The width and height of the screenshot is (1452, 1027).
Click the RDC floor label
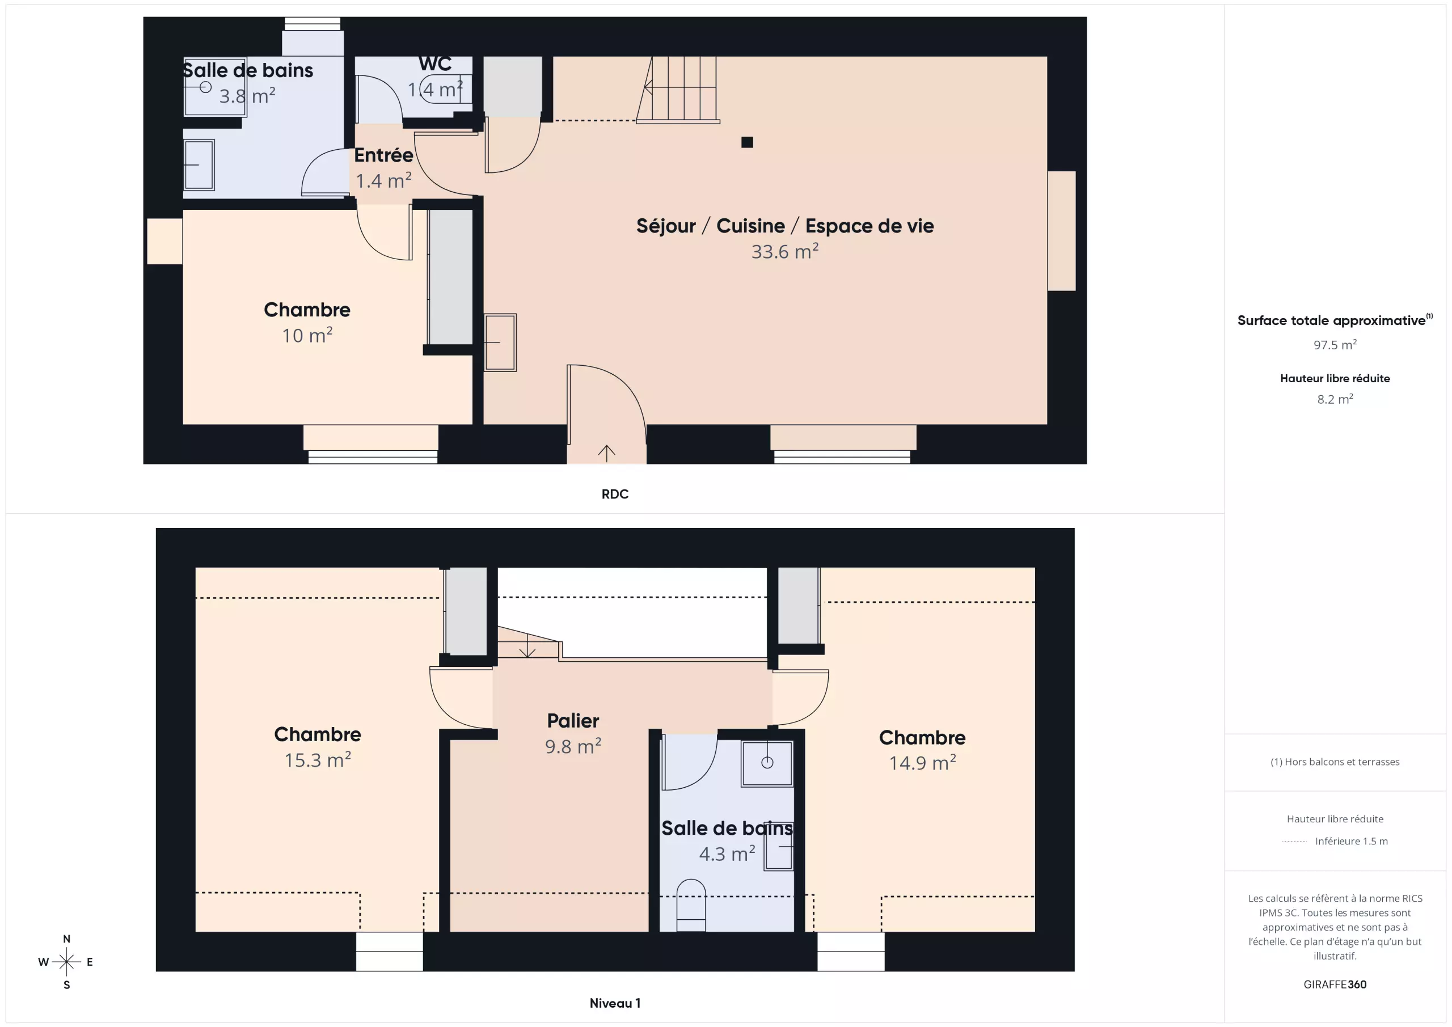(615, 494)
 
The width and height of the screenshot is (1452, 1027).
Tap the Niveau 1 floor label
(615, 1003)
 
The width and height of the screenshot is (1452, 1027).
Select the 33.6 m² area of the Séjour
(785, 252)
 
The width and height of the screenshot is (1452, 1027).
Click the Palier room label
(573, 721)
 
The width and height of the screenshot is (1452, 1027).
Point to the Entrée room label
(383, 155)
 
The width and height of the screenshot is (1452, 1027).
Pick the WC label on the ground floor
(435, 64)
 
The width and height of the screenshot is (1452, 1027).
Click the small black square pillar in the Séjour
(747, 142)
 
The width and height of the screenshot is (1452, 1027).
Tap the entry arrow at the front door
(606, 453)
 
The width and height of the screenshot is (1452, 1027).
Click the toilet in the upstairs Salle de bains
(691, 905)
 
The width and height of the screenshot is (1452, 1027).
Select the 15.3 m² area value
(318, 759)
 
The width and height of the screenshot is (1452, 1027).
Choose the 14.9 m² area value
(922, 763)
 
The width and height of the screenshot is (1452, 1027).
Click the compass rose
(66, 962)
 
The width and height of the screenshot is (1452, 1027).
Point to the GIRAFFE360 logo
(1335, 984)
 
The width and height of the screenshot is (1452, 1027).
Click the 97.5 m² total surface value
(1335, 345)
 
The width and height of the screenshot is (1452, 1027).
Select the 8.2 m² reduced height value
(1335, 399)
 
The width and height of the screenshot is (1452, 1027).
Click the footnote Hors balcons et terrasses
(1335, 762)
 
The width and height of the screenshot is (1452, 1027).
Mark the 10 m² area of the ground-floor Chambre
(307, 335)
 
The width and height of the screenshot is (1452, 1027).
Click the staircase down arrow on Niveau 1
(527, 646)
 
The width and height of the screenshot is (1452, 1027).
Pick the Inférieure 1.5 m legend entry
(1352, 841)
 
